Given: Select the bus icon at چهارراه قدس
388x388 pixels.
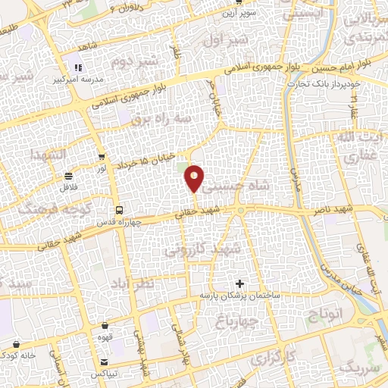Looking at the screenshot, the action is tap(118, 209).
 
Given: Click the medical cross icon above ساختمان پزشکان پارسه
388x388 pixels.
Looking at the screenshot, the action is tap(240, 283).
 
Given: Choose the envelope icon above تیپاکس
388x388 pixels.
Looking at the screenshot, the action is tap(103, 362).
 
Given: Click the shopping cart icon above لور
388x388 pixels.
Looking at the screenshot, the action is tap(102, 157).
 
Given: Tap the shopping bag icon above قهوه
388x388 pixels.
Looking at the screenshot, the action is tap(105, 325).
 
